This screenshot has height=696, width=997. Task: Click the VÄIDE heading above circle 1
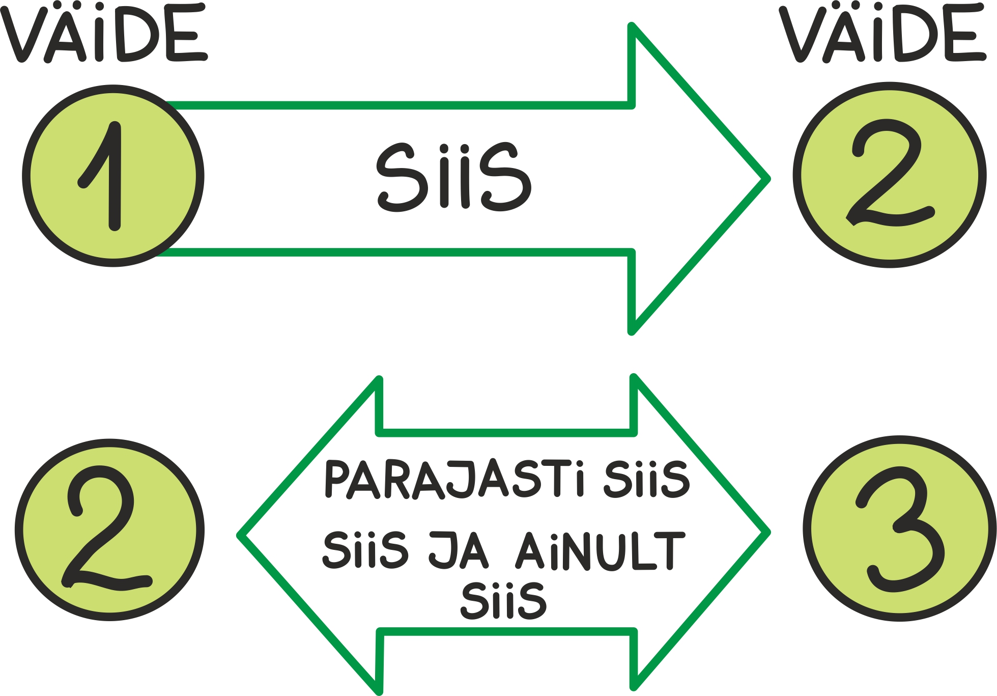pyautogui.click(x=104, y=33)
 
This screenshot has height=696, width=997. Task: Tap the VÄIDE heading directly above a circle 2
pyautogui.click(x=882, y=33)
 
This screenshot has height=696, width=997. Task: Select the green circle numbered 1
pyautogui.click(x=113, y=176)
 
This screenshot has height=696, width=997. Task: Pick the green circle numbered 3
pyautogui.click(x=899, y=528)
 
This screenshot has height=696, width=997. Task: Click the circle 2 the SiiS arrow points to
pyautogui.click(x=890, y=175)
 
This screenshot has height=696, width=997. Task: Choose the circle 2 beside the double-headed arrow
pyautogui.click(x=109, y=530)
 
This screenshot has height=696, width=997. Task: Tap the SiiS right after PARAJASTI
pyautogui.click(x=646, y=479)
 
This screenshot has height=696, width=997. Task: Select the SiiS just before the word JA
pyautogui.click(x=365, y=550)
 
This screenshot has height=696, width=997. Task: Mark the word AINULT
pyautogui.click(x=601, y=551)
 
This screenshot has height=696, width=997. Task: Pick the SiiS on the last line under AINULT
pyautogui.click(x=503, y=601)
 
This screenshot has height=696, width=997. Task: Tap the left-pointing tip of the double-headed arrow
pyautogui.click(x=239, y=535)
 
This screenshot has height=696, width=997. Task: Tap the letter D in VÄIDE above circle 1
pyautogui.click(x=137, y=33)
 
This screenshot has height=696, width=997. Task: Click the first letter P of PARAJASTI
pyautogui.click(x=337, y=479)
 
